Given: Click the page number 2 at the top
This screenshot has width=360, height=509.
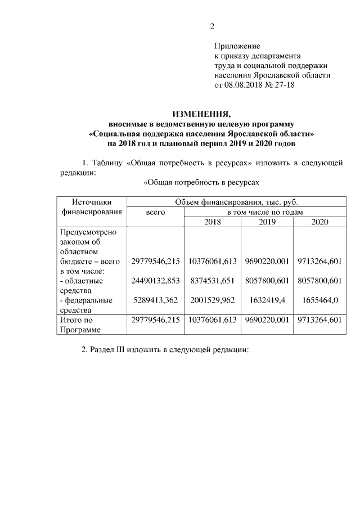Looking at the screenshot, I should [212, 26].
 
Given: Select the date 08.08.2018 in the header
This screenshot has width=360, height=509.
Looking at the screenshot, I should [243, 85].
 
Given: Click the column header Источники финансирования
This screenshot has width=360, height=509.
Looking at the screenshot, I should [91, 207].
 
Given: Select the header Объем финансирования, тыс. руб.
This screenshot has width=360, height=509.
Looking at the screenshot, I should [236, 202].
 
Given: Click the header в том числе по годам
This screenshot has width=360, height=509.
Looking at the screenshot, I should [264, 212].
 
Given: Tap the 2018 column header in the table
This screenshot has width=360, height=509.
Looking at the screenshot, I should [213, 222].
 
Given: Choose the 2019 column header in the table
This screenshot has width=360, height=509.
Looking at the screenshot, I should [267, 222].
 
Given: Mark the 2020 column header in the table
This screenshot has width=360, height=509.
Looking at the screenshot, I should [319, 222].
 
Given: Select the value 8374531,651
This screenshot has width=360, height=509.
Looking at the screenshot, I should [213, 281].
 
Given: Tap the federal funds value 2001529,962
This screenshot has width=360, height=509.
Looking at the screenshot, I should [213, 300].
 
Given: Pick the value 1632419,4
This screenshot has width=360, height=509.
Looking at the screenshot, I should [267, 300].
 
